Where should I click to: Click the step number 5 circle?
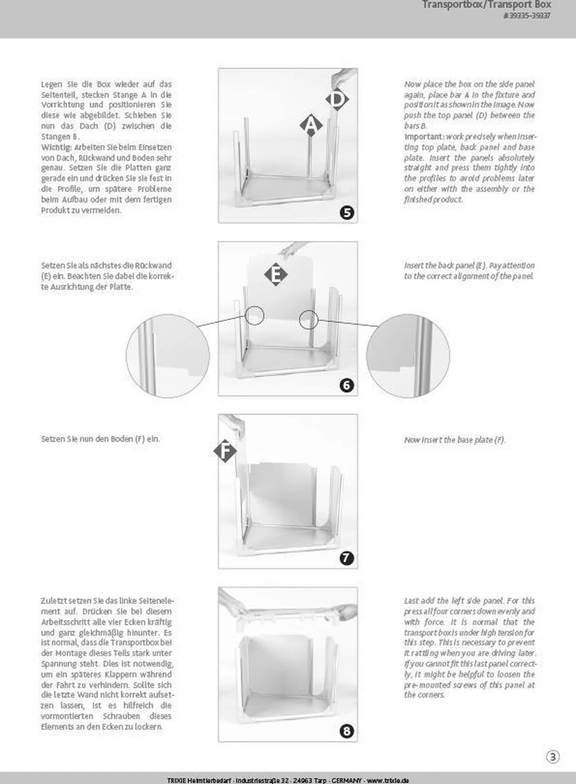(347, 212)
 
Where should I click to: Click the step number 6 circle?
(347, 385)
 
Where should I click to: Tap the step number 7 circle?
(347, 558)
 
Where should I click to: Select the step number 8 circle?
(347, 730)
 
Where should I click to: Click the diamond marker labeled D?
(337, 99)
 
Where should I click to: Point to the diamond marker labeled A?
(312, 124)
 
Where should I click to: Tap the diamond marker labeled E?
(276, 274)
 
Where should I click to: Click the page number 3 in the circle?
(552, 757)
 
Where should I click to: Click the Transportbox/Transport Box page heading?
(487, 5)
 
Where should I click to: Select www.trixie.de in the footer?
(388, 780)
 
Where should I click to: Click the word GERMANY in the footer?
(344, 780)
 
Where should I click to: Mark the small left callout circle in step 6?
(255, 316)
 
